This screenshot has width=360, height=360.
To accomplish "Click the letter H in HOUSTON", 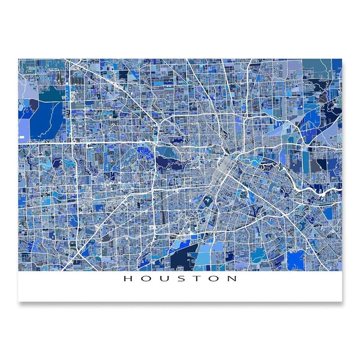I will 127,279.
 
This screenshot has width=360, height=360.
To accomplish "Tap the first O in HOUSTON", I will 145,279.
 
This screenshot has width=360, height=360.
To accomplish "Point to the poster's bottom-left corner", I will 18,301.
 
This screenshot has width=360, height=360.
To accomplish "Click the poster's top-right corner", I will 342,59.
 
